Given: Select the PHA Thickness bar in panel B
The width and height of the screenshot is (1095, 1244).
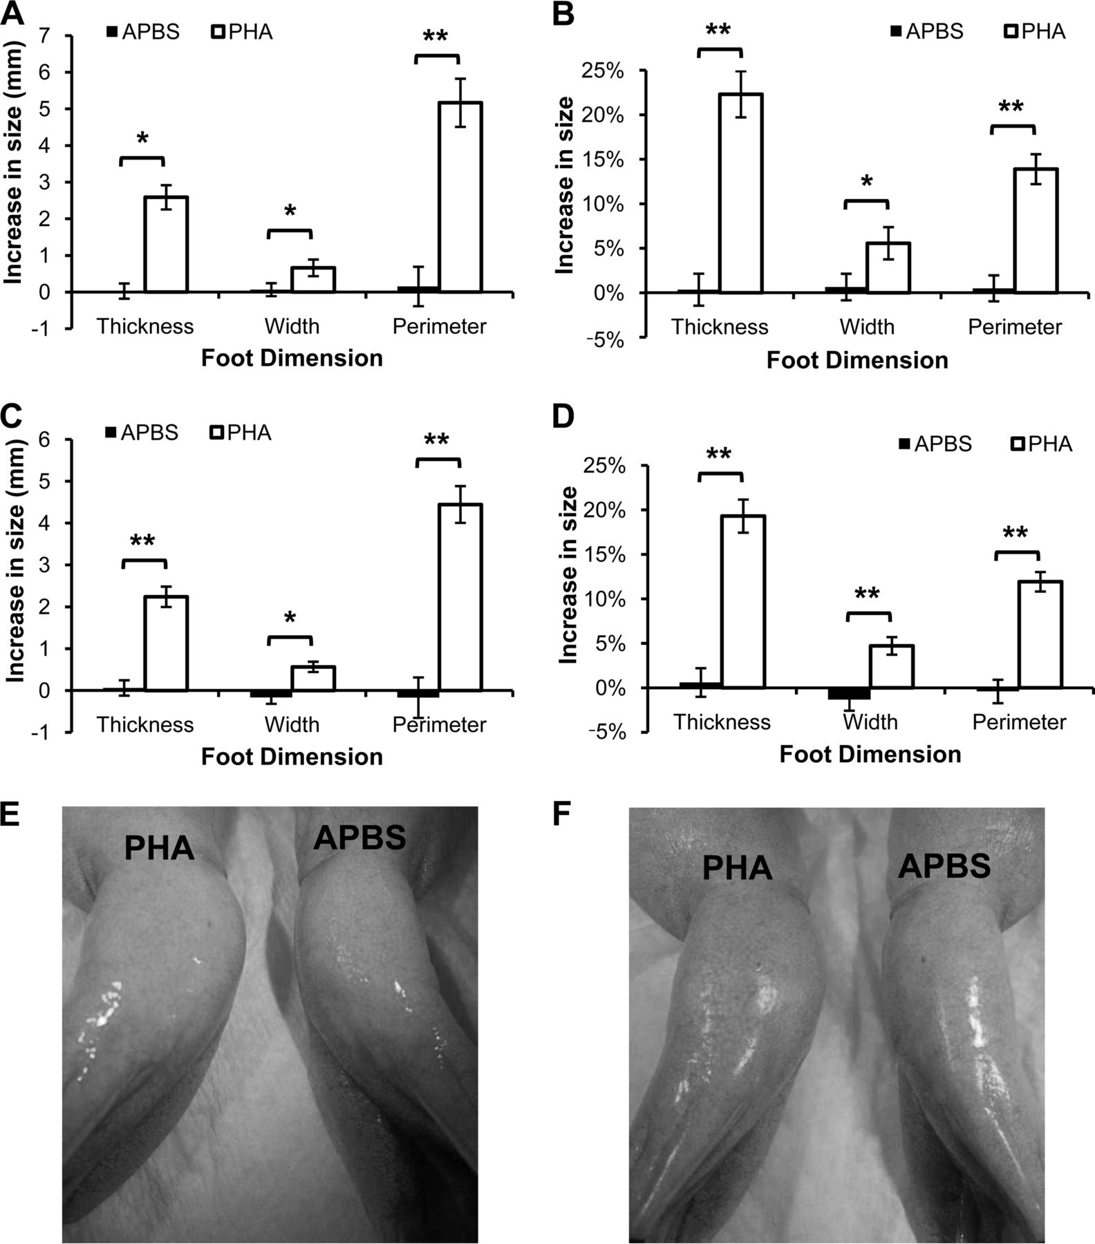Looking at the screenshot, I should pyautogui.click(x=740, y=194).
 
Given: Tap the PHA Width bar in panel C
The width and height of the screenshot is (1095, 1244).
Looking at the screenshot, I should pyautogui.click(x=313, y=678).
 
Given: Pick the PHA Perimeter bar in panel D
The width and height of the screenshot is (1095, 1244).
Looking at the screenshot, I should pyautogui.click(x=1040, y=634).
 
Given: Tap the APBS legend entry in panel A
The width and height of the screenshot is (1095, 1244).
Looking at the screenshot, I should pyautogui.click(x=142, y=32).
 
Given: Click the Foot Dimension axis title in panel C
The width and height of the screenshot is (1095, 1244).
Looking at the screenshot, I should pyautogui.click(x=292, y=756).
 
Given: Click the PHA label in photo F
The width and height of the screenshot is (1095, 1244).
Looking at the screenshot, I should pyautogui.click(x=737, y=868).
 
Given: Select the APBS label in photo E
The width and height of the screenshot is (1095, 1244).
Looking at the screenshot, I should pyautogui.click(x=359, y=838).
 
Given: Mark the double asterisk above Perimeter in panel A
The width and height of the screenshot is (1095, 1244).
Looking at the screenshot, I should pyautogui.click(x=435, y=37).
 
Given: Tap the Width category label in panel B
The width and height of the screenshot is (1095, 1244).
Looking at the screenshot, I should pyautogui.click(x=867, y=326).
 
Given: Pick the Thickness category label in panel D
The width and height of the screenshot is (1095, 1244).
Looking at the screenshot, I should pyautogui.click(x=722, y=722).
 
